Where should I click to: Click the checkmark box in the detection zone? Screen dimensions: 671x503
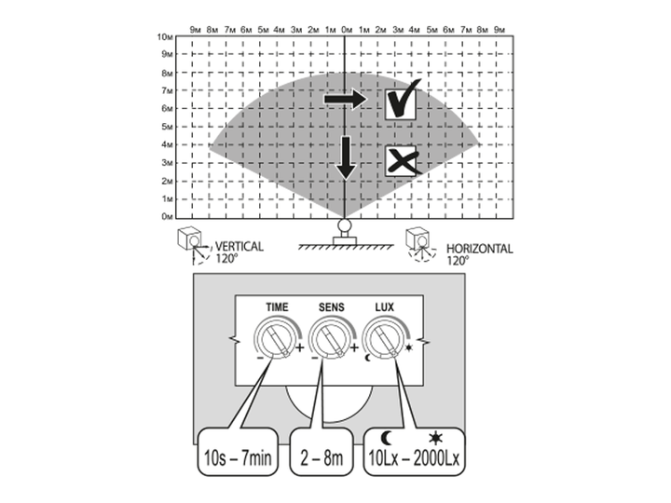pos(401,104)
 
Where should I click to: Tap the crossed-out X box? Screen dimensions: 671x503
pos(401,160)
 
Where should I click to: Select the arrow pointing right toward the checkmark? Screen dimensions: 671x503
pos(346,100)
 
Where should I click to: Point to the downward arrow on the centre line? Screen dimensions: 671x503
pos(346,157)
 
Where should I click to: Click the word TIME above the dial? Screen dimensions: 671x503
pos(277,307)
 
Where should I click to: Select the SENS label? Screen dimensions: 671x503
pos(331,307)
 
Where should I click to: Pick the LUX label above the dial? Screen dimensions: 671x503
pos(384,307)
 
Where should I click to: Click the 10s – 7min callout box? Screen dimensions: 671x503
pos(238,451)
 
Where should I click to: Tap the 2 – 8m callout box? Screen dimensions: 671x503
pos(322,451)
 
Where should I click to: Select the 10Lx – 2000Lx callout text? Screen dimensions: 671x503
pos(414,458)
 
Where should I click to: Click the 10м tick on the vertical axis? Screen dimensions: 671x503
pos(165,37)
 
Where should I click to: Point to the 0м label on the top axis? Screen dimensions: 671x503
pos(347,30)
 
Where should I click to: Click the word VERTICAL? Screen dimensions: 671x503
pos(240,246)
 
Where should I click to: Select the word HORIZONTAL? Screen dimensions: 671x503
pos(479,249)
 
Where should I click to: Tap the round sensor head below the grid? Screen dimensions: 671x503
pos(345,225)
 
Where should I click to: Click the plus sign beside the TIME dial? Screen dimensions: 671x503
pos(299,347)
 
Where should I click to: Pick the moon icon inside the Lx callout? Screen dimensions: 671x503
pos(387,438)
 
